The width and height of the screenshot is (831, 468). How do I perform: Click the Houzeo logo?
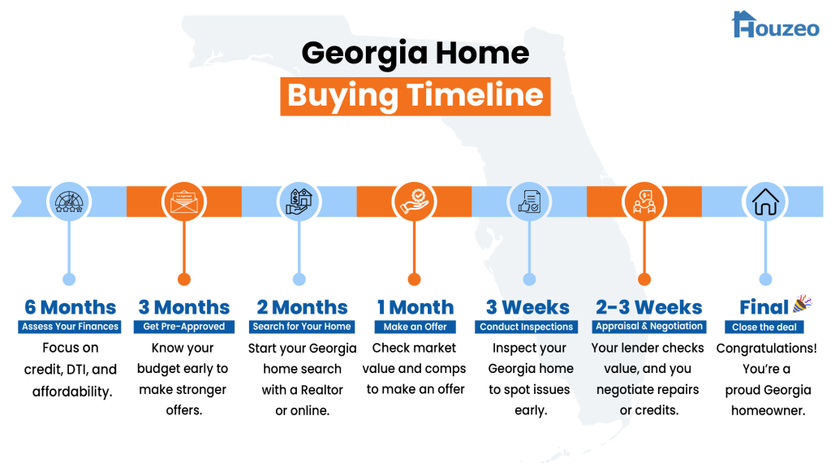(775, 24)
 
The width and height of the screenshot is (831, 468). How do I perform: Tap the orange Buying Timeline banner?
(415, 96)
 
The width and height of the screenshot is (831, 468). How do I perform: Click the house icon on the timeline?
(765, 201)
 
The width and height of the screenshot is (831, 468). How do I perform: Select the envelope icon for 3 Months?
(184, 201)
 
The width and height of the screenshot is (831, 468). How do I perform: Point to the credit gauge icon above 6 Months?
(69, 201)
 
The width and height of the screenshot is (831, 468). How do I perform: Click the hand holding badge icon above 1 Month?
(415, 201)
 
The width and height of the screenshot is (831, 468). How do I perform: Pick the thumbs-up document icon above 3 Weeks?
(529, 201)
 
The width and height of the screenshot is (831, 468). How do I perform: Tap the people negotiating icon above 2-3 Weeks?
(644, 201)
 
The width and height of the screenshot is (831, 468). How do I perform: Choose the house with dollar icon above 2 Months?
(299, 201)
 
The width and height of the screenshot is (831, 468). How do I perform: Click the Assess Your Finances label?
(70, 327)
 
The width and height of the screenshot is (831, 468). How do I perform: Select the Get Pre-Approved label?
(184, 327)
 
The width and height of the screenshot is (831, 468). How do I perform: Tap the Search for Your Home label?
(302, 327)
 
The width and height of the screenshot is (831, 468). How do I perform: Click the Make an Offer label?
(415, 327)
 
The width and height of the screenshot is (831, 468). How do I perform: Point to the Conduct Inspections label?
(526, 327)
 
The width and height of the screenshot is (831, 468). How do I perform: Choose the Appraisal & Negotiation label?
(649, 327)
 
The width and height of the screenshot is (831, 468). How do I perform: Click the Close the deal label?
(764, 327)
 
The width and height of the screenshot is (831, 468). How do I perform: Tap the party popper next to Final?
(803, 304)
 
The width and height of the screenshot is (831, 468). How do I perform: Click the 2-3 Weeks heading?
(648, 307)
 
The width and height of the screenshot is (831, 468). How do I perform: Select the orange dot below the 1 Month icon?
(415, 279)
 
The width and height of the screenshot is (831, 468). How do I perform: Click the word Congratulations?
(766, 349)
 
